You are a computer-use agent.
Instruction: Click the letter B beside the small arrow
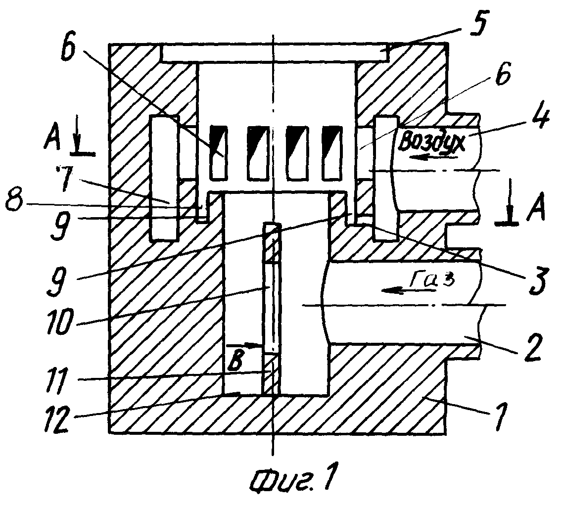point(235,362)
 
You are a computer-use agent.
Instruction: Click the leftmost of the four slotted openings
point(218,152)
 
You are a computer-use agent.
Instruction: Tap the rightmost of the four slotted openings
point(331,152)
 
